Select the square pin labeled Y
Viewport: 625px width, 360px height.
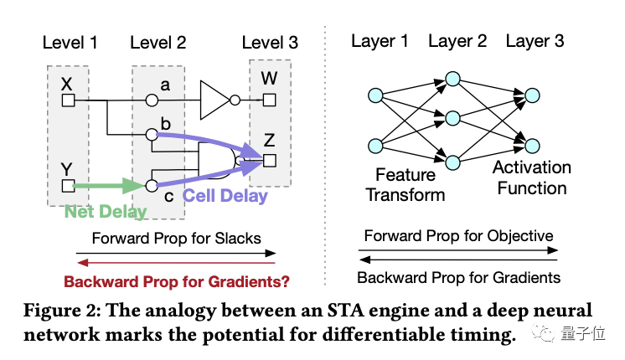click(x=69, y=186)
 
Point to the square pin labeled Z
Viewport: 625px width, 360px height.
click(x=269, y=160)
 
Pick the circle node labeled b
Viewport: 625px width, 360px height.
click(x=152, y=134)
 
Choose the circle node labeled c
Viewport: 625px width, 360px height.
click(x=152, y=186)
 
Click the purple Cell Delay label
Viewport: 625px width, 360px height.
click(x=225, y=197)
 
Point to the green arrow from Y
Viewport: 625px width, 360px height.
click(x=105, y=185)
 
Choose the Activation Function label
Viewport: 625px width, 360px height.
click(x=531, y=177)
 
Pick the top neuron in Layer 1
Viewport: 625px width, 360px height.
click(x=375, y=95)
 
